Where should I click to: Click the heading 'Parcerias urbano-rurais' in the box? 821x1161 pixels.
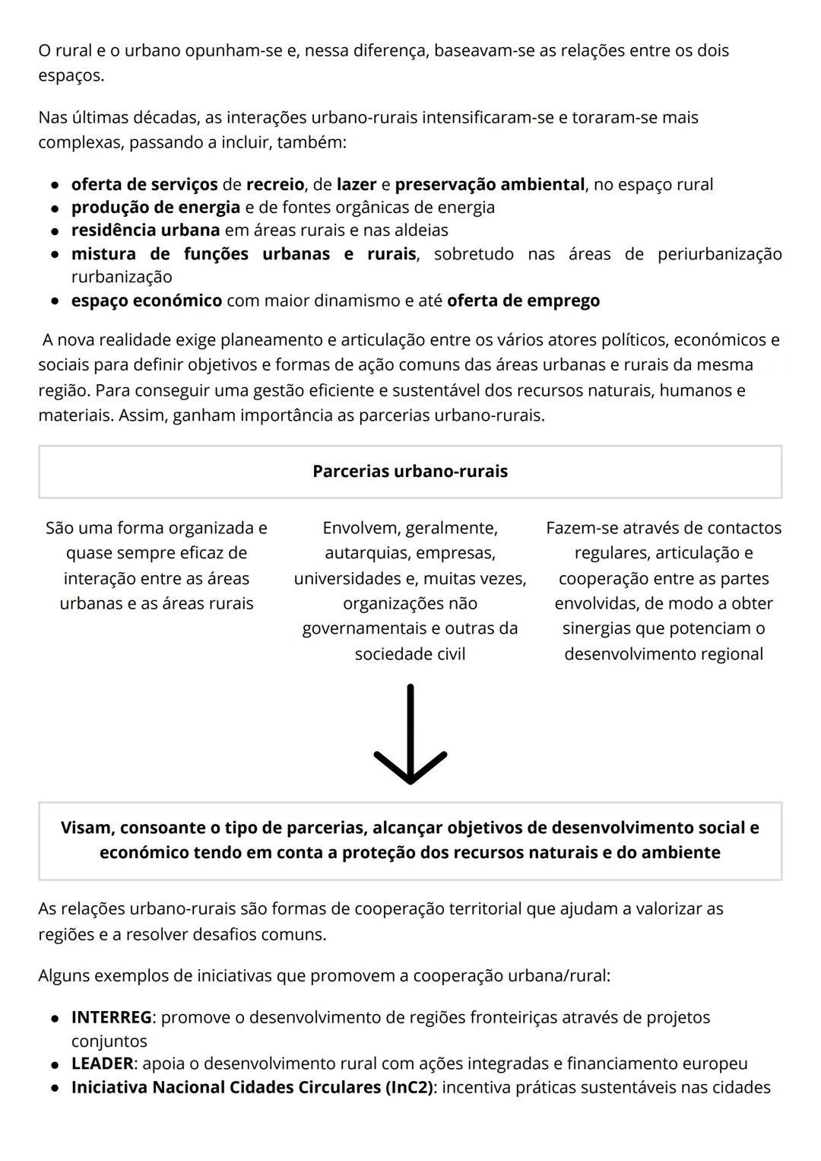[x=410, y=471]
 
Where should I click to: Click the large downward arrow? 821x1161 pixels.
[x=410, y=735]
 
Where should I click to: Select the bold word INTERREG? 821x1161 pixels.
[x=111, y=1017]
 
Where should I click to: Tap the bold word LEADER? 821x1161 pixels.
[x=102, y=1064]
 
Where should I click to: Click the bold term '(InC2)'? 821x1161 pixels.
[x=409, y=1087]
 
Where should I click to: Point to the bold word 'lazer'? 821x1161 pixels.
[x=357, y=184]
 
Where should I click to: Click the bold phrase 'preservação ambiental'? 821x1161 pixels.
[x=490, y=184]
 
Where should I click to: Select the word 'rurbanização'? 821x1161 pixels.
[x=122, y=277]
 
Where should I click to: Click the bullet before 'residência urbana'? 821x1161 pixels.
[x=55, y=231]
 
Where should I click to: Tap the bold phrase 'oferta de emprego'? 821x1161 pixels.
[x=523, y=301]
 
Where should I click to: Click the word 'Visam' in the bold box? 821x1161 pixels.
[x=86, y=828]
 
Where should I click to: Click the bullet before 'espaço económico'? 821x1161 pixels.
[x=55, y=301]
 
